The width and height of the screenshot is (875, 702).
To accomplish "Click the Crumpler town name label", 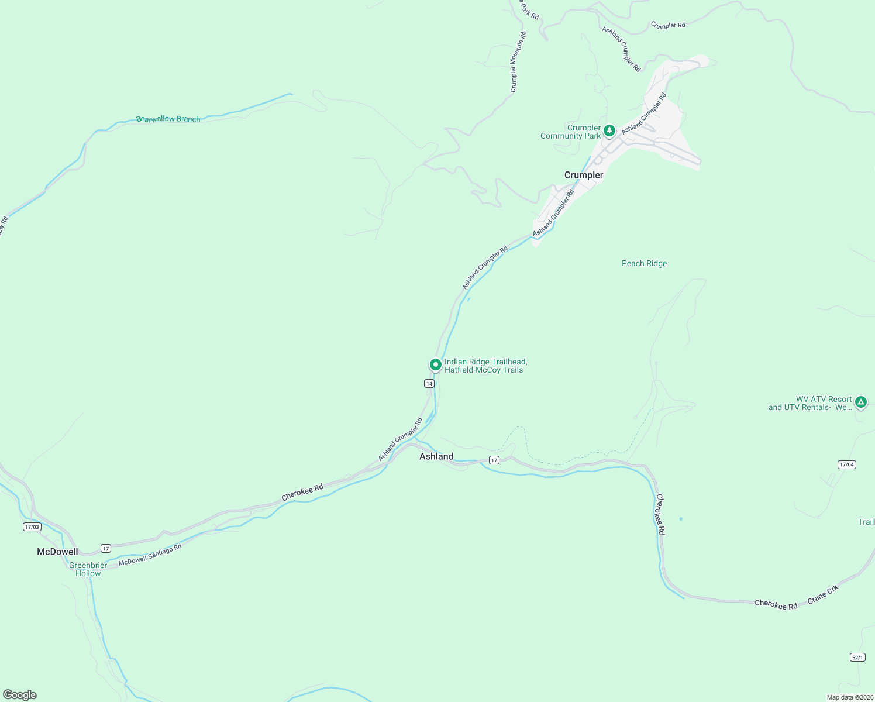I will (583, 175).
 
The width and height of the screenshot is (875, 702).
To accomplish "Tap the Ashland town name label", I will (436, 456).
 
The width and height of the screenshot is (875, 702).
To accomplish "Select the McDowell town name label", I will (57, 552).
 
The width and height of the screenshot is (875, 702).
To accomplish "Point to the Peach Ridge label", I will (644, 264).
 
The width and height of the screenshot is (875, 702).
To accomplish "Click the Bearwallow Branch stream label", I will (168, 119).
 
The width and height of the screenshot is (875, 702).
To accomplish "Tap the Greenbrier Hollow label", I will (88, 569).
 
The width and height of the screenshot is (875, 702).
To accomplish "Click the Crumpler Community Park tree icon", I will (609, 130).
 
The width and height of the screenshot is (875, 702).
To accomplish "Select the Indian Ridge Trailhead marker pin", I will (436, 365).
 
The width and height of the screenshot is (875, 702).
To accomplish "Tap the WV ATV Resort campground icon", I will (860, 402).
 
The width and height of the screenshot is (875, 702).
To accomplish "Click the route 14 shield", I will (429, 384).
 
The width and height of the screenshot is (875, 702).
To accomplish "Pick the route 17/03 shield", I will (32, 527).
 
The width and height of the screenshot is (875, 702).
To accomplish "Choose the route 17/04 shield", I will (846, 464).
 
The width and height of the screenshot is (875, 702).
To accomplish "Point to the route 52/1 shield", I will (857, 658).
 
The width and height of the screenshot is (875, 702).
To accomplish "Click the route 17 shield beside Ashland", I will (494, 460).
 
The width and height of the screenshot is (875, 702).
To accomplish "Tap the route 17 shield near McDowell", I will (105, 548).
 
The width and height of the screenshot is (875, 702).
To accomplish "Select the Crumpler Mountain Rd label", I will (518, 62).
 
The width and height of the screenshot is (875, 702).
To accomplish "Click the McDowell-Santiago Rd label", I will (150, 555).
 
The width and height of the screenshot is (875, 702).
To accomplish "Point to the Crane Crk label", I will (823, 594).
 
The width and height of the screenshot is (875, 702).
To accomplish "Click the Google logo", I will (20, 695).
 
